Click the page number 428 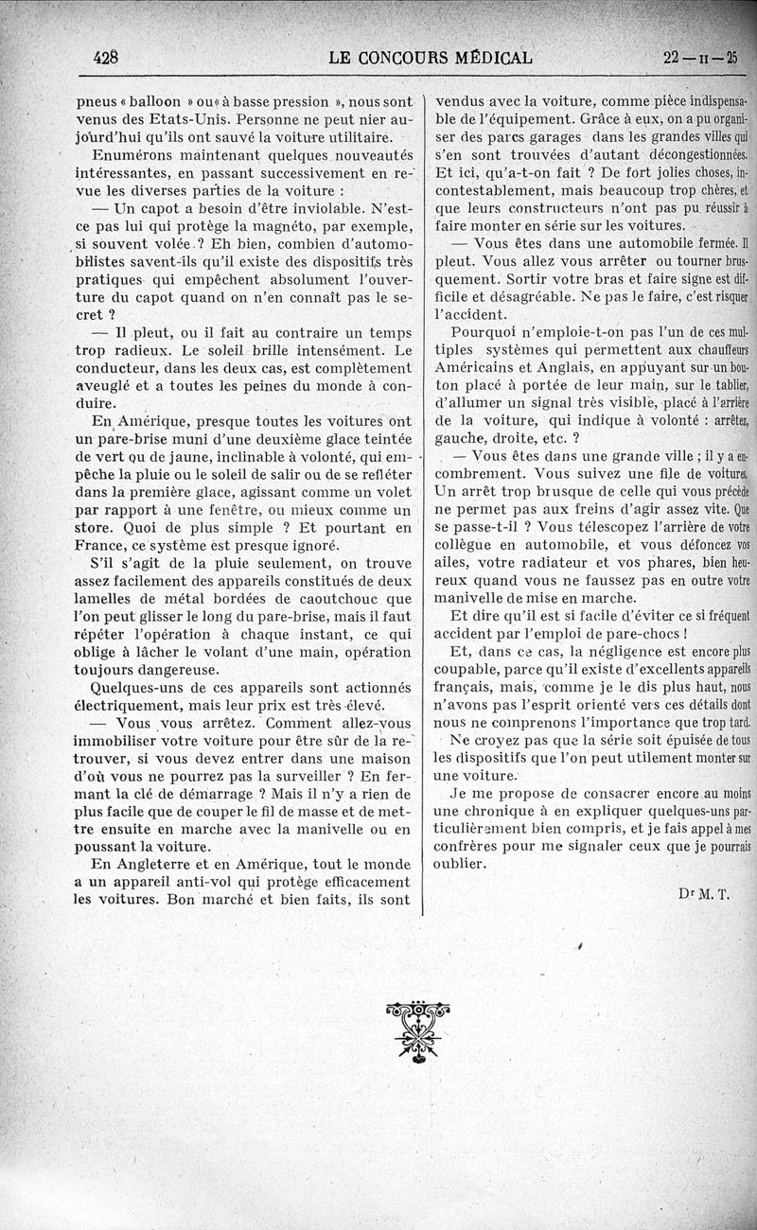click(105, 57)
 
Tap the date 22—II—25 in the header click(700, 57)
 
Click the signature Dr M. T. click(705, 892)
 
